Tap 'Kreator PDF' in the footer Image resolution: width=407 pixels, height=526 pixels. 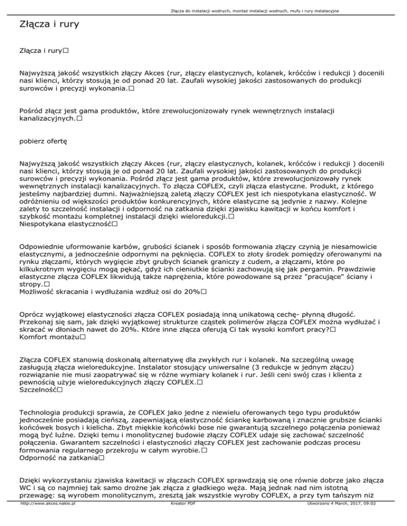[x=181, y=520]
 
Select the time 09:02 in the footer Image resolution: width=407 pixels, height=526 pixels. [x=380, y=520]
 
